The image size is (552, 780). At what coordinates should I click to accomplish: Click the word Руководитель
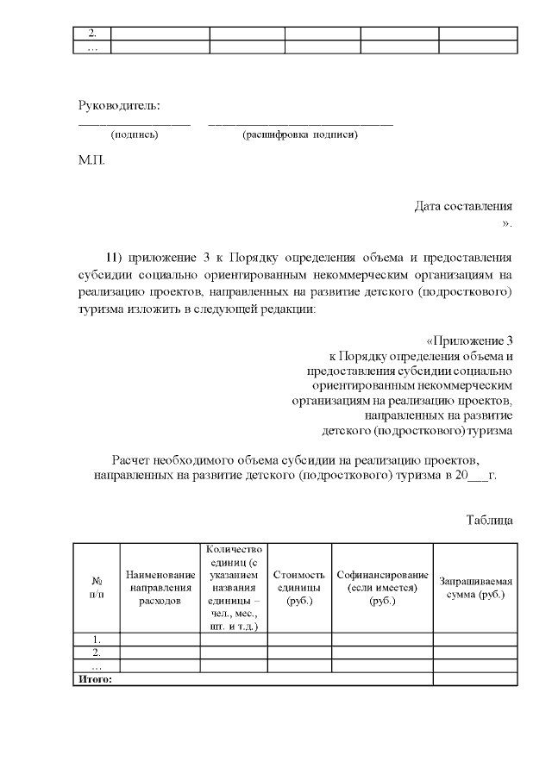(119, 106)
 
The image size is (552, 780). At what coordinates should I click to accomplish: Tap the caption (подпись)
(134, 134)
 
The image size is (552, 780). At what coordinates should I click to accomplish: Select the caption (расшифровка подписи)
(300, 134)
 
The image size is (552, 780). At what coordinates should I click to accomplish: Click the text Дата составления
(463, 206)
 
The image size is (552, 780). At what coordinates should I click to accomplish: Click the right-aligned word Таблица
(490, 520)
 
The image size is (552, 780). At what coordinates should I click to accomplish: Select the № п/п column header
(96, 588)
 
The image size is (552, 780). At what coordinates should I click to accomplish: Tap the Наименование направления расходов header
(160, 588)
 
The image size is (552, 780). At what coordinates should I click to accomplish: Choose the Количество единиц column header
(235, 588)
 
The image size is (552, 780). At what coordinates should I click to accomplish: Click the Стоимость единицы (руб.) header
(298, 588)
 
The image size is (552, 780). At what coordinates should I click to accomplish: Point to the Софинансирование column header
(382, 588)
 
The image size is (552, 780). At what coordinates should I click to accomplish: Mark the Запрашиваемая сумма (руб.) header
(474, 588)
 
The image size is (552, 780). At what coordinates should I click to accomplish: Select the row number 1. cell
(96, 640)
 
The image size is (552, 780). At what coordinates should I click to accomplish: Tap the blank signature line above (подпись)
(134, 124)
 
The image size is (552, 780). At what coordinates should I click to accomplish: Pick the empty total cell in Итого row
(474, 679)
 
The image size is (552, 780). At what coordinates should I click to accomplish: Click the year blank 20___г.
(476, 475)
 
